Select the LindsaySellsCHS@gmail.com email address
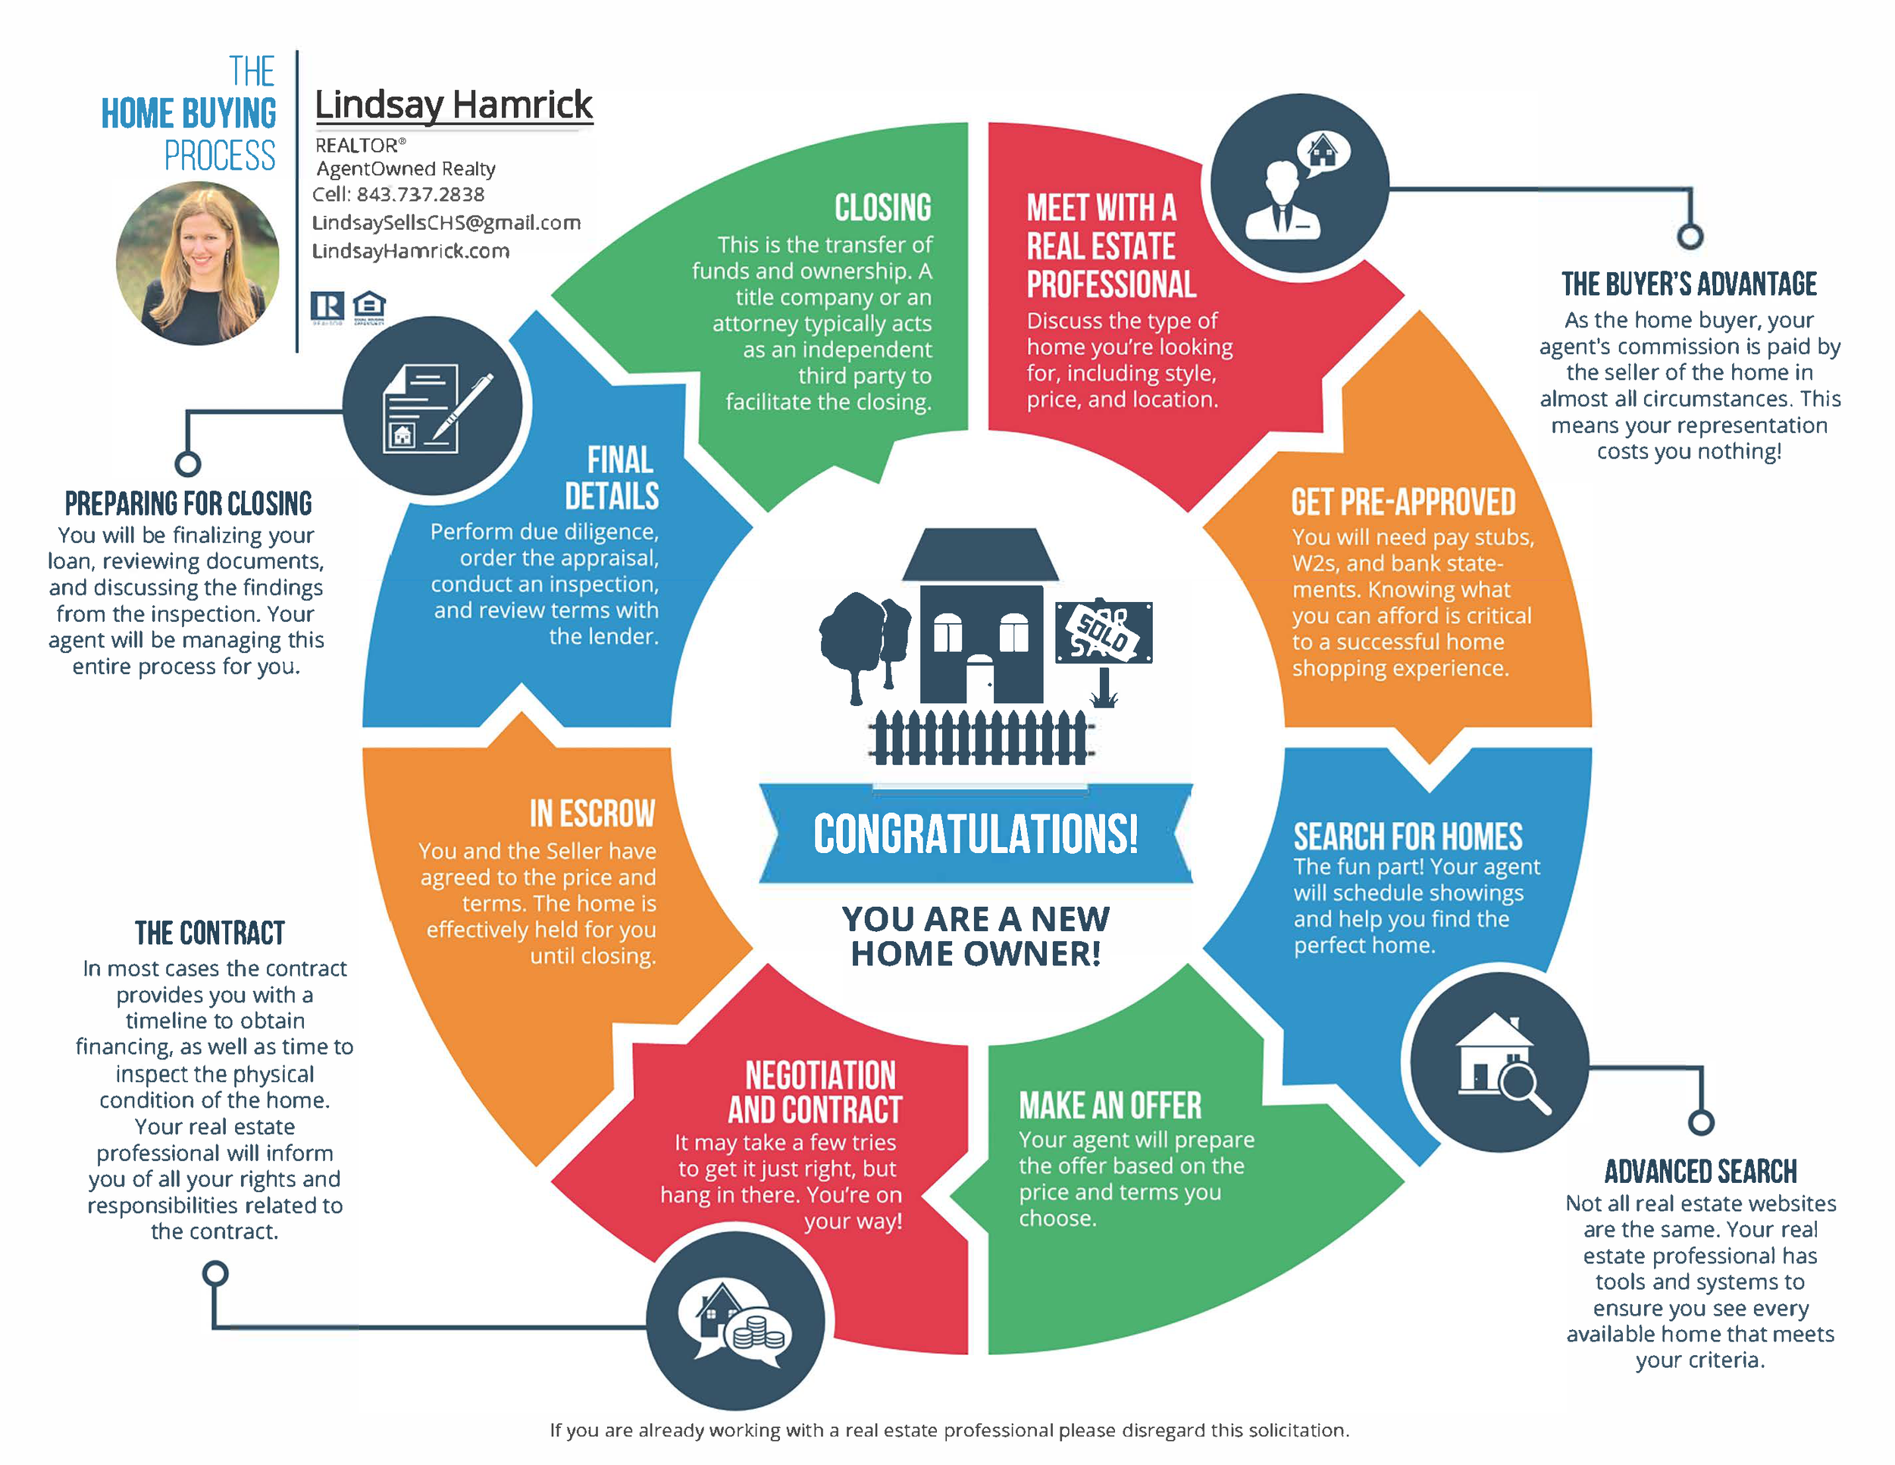(446, 223)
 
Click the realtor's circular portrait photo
(198, 263)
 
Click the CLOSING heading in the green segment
(882, 209)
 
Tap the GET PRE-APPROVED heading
(1403, 503)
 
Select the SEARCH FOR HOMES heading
(1408, 837)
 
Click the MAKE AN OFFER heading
(1110, 1106)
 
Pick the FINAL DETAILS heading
(612, 478)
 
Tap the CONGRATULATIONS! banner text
(976, 834)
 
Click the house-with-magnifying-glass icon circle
(1499, 1062)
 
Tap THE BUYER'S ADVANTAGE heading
(1689, 284)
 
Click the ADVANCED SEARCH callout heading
(1699, 1172)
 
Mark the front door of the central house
(979, 681)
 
